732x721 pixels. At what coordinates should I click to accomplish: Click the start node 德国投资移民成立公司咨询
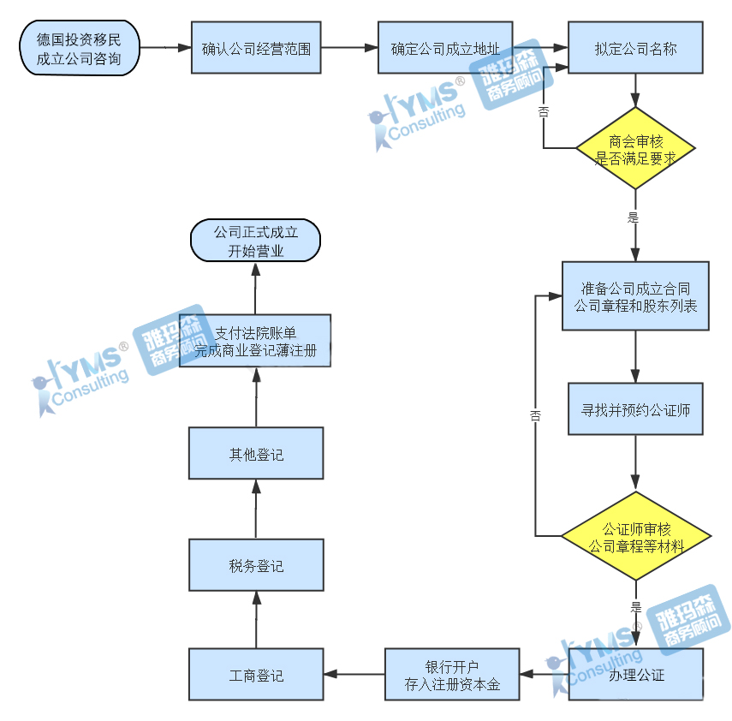coord(79,49)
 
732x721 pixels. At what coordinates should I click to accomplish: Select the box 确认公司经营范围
coord(255,49)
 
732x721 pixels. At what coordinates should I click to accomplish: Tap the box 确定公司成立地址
coord(445,49)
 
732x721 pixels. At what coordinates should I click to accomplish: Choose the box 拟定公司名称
coord(635,49)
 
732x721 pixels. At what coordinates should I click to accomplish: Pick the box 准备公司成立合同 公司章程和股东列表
coord(635,296)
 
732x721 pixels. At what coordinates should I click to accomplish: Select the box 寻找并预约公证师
coord(635,409)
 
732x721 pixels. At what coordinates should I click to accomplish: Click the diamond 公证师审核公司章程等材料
coord(635,538)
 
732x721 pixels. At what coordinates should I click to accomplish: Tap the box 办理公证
coord(635,675)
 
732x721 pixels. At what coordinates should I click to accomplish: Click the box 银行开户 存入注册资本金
coord(452,675)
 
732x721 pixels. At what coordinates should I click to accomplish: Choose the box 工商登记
coord(256,675)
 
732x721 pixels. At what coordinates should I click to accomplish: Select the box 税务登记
coord(256,565)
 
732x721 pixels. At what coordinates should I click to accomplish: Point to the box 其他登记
coord(256,454)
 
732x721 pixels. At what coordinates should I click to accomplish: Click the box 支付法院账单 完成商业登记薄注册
coord(255,341)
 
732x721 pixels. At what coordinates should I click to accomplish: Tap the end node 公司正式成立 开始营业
coord(255,241)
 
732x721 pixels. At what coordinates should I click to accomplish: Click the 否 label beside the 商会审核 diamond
coord(544,111)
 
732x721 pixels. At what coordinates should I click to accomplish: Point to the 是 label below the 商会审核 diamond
coord(634,217)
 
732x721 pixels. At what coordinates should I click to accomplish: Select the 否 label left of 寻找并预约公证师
coord(535,416)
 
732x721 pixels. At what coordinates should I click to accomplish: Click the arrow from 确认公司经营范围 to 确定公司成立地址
coord(349,49)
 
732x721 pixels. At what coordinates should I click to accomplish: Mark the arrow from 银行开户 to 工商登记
coord(354,675)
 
